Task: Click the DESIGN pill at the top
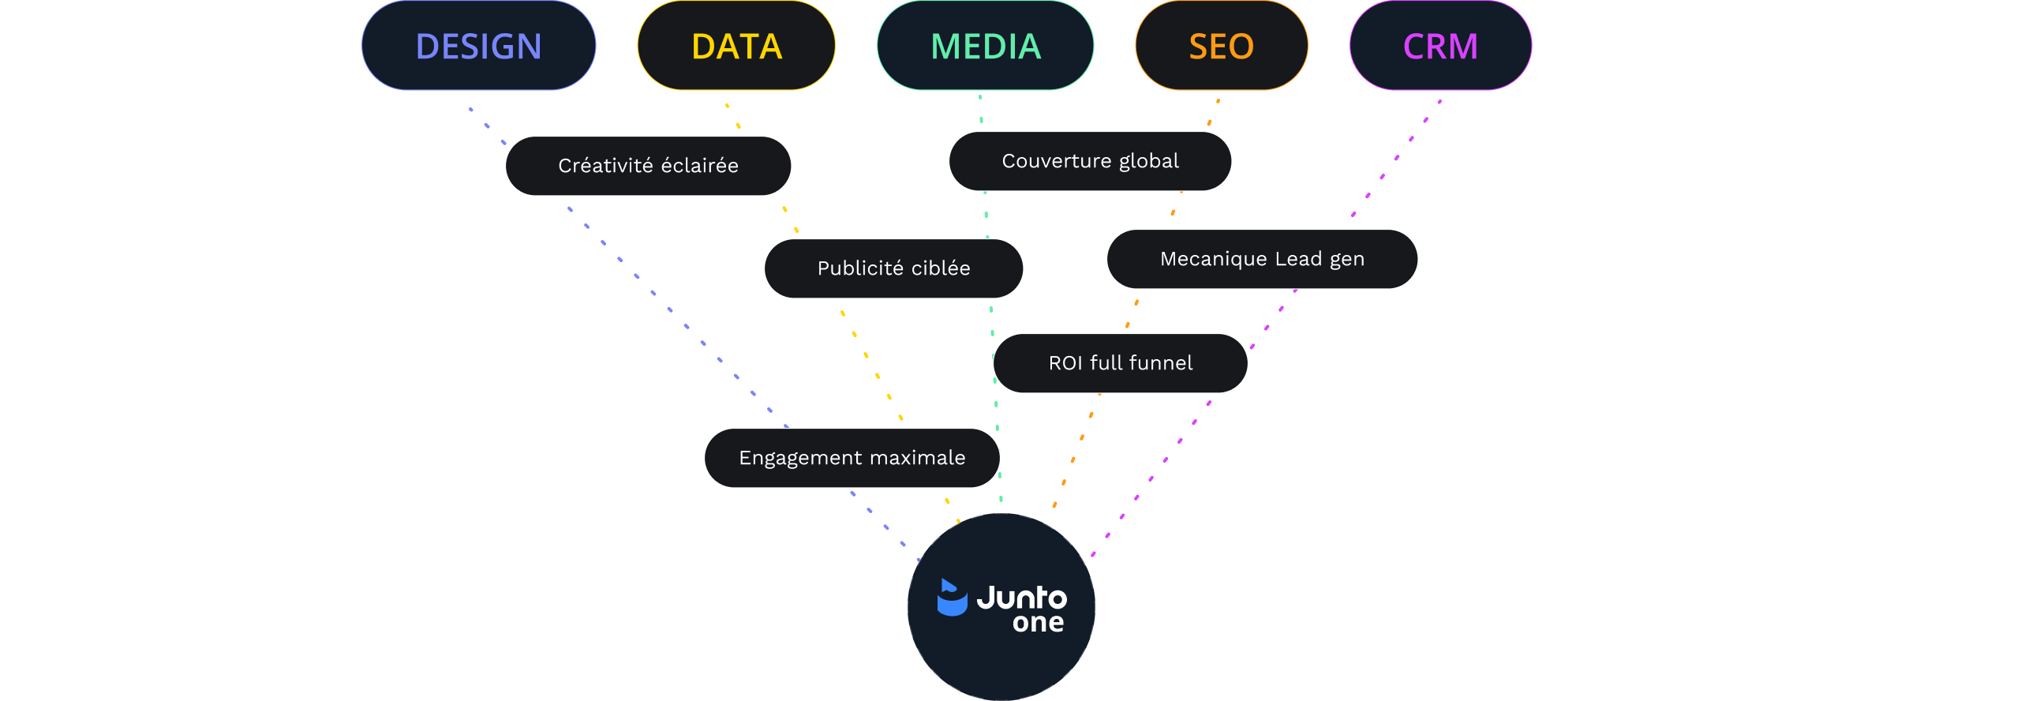[478, 46]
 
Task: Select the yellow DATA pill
[736, 46]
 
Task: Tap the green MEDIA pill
[986, 46]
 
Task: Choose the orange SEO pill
[1221, 46]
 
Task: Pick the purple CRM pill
[1440, 46]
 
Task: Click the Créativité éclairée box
[648, 166]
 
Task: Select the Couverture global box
[1090, 161]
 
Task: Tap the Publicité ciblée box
[893, 268]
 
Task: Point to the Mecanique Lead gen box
[1262, 259]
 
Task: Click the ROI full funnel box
[1120, 363]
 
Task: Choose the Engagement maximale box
[852, 458]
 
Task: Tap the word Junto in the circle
[1021, 598]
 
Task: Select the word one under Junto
[1038, 623]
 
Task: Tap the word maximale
[917, 458]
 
